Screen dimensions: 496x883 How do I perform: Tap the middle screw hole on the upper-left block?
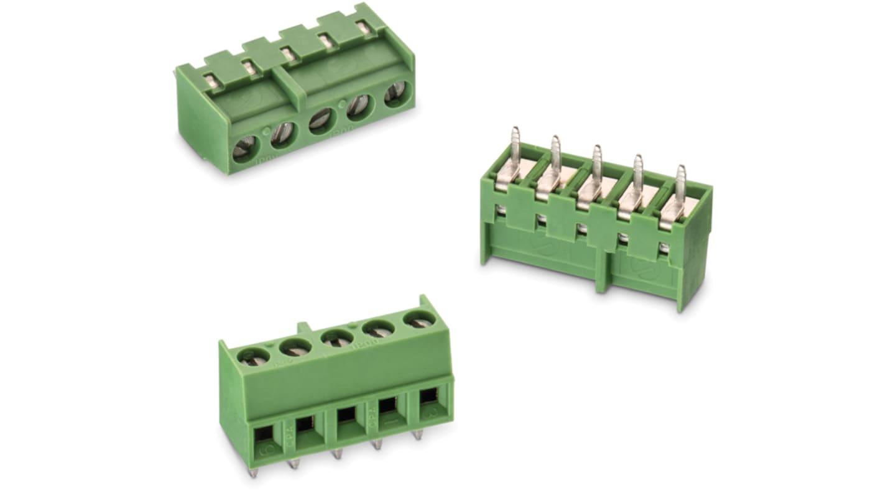[x=323, y=119]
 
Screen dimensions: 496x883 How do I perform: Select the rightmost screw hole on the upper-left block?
[x=397, y=94]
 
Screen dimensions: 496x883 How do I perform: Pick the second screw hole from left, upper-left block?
[x=283, y=134]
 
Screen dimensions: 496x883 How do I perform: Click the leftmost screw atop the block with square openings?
[x=255, y=357]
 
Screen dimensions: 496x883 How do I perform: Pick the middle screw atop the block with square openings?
[x=337, y=339]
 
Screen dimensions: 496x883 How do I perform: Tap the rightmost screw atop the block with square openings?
[x=420, y=319]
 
